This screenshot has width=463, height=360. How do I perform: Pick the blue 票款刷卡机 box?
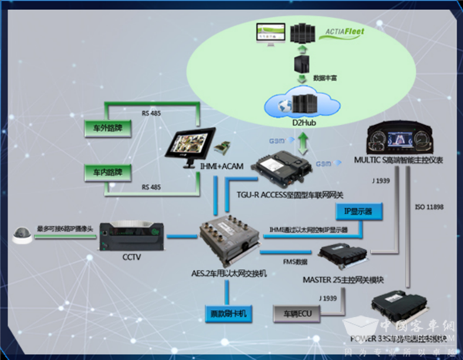(x=228, y=314)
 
